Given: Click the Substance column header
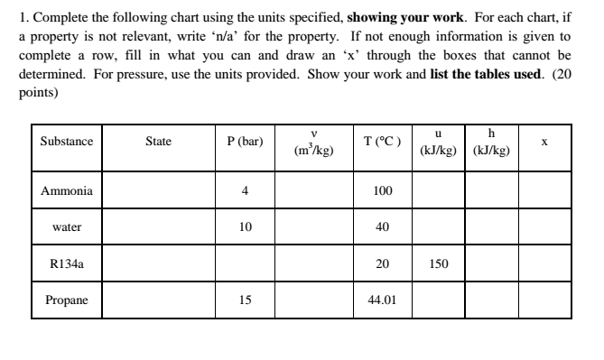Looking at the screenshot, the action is coord(66,143).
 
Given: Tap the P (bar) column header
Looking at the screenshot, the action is coord(244,143).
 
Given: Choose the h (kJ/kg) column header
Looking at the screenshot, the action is coord(491,143).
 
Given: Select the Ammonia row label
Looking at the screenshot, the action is coord(66,191).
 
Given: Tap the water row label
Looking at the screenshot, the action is coord(66,227).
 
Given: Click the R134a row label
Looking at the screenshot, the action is coord(66,263).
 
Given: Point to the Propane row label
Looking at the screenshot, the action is coord(66,300).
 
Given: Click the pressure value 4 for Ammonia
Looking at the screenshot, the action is coord(244,191).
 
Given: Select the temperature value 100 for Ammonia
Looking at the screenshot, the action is coord(382,191).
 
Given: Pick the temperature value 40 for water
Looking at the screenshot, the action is coord(382,227).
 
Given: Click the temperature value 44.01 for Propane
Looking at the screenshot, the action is coord(382,300).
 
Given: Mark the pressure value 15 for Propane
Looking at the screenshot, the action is coord(244,300).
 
